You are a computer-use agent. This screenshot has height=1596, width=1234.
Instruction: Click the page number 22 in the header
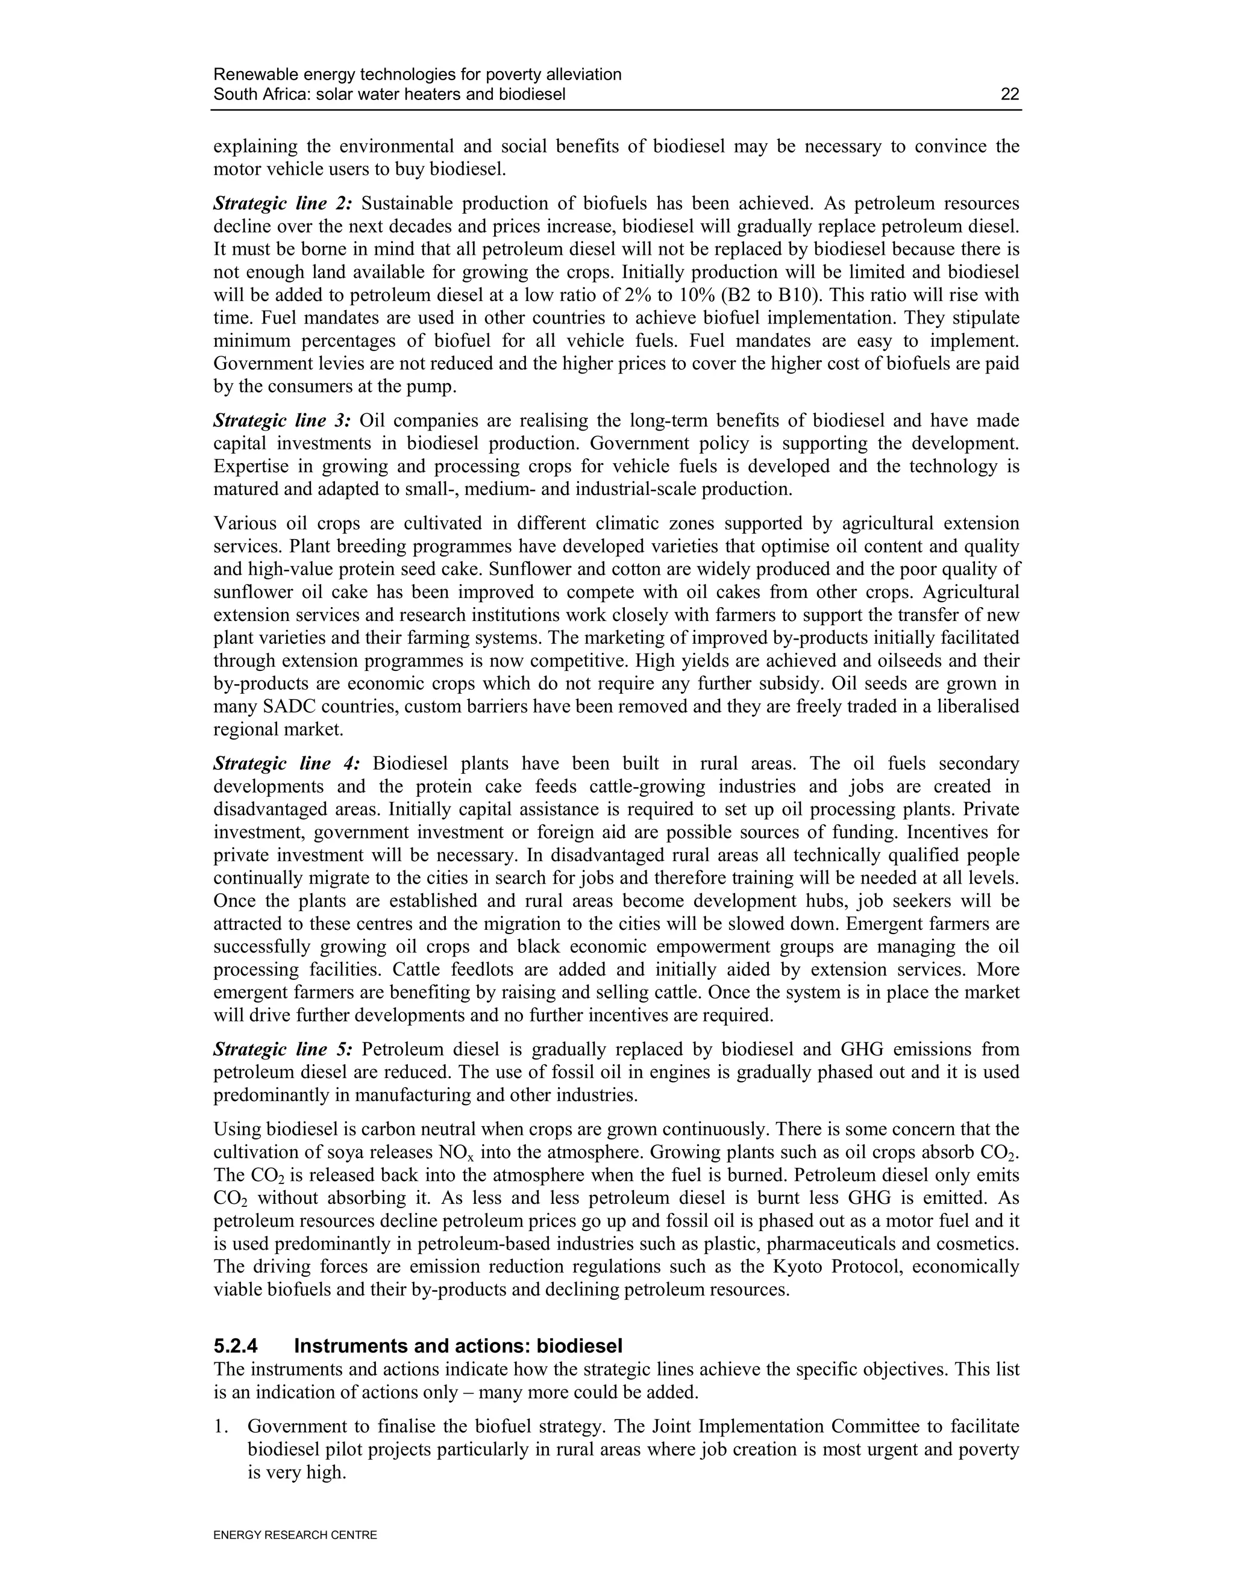click(x=1010, y=95)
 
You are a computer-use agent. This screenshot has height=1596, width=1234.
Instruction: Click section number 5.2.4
click(x=236, y=1347)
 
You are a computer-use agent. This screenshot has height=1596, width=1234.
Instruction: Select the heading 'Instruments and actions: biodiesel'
click(x=459, y=1347)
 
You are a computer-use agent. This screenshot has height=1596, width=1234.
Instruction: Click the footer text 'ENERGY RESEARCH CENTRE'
click(x=295, y=1535)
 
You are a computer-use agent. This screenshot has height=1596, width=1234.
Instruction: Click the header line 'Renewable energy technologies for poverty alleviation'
click(x=418, y=75)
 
